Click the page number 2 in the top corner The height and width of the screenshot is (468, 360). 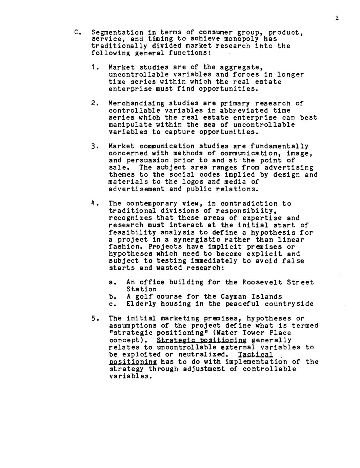(337, 18)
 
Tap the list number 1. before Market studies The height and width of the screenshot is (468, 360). (95, 67)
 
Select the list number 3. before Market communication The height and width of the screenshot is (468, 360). (95, 147)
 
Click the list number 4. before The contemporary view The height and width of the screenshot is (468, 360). (95, 204)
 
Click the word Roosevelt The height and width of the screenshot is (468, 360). (263, 282)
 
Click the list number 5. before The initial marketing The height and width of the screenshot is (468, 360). (95, 318)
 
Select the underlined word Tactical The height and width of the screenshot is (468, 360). (256, 354)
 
